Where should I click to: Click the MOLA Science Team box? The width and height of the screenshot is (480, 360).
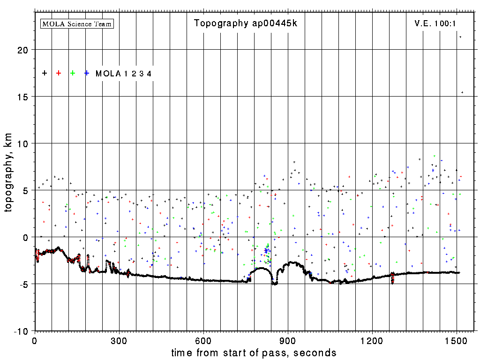click(x=77, y=23)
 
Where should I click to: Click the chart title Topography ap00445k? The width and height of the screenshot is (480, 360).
click(x=246, y=23)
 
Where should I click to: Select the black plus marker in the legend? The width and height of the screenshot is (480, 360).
click(x=45, y=73)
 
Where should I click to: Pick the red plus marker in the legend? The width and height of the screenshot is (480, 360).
click(x=59, y=73)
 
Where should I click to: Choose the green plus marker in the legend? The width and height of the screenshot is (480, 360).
click(x=73, y=73)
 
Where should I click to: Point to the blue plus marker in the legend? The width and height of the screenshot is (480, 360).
click(x=87, y=73)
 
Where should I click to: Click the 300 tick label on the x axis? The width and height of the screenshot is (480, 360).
click(x=119, y=339)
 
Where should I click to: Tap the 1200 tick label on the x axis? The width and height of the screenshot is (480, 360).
click(x=372, y=339)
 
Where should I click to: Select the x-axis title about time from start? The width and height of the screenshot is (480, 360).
click(x=254, y=352)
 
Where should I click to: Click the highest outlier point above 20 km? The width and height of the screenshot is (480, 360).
click(x=460, y=37)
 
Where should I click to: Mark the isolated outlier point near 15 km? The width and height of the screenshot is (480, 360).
click(x=462, y=92)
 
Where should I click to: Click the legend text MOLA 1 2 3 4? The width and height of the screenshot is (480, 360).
click(x=123, y=74)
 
